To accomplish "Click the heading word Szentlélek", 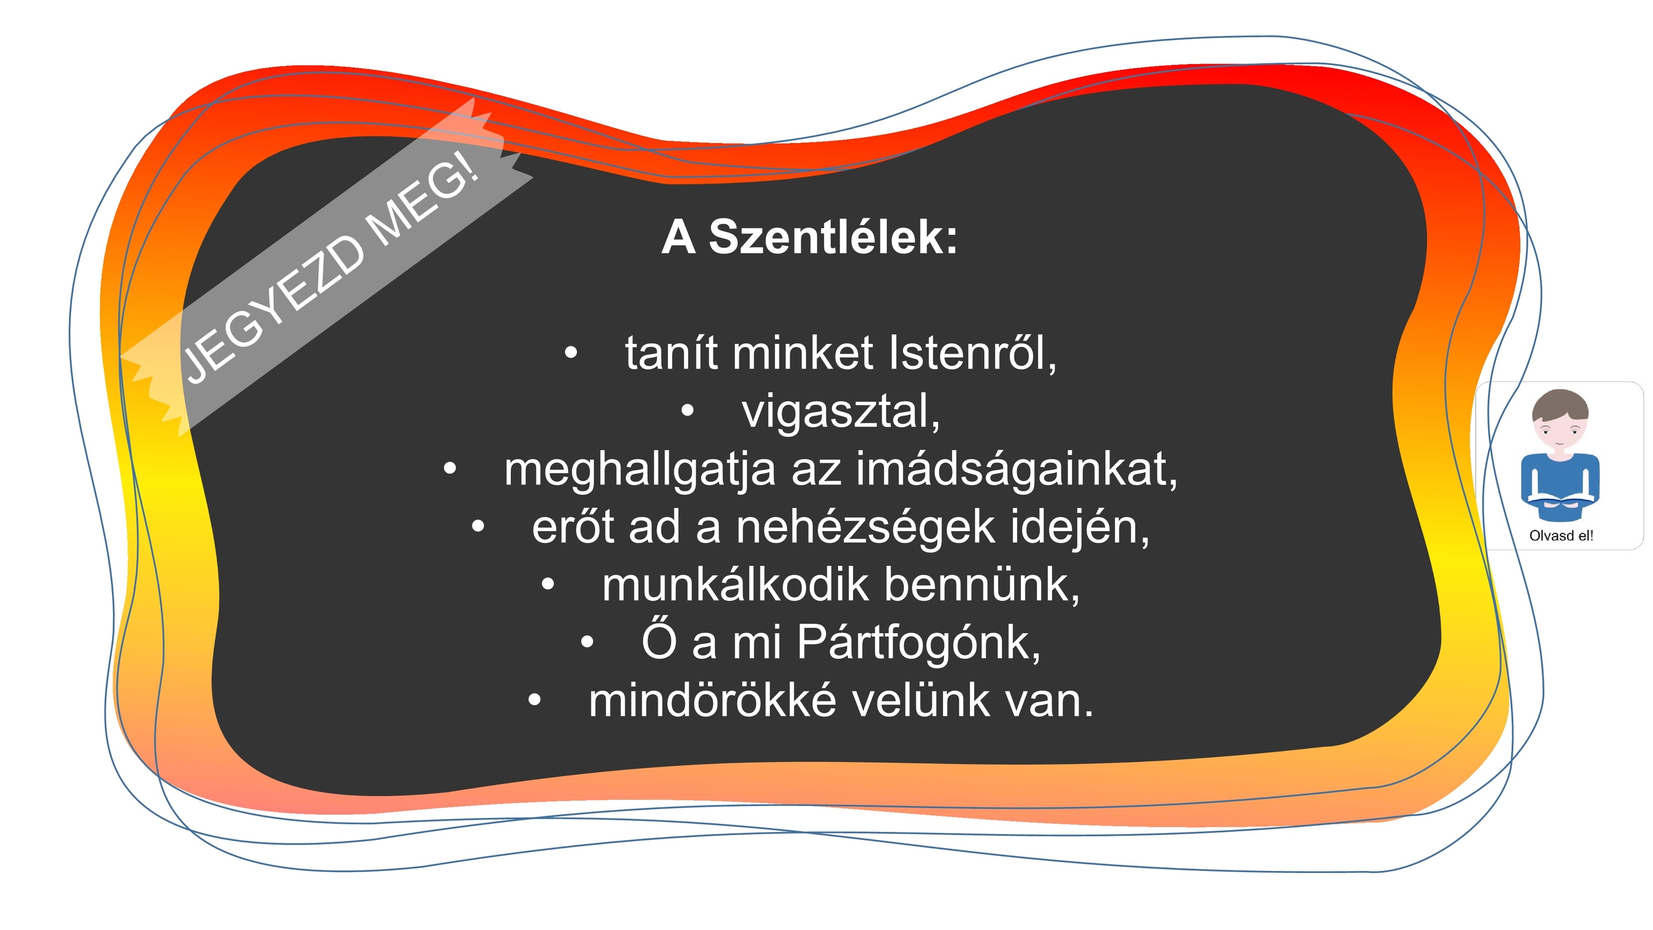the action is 833,237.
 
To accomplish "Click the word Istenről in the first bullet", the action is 972,352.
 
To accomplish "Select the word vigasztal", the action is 841,411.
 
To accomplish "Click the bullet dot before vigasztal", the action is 687,412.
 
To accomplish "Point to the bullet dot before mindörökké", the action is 534,700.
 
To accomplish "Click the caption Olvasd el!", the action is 1561,536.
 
